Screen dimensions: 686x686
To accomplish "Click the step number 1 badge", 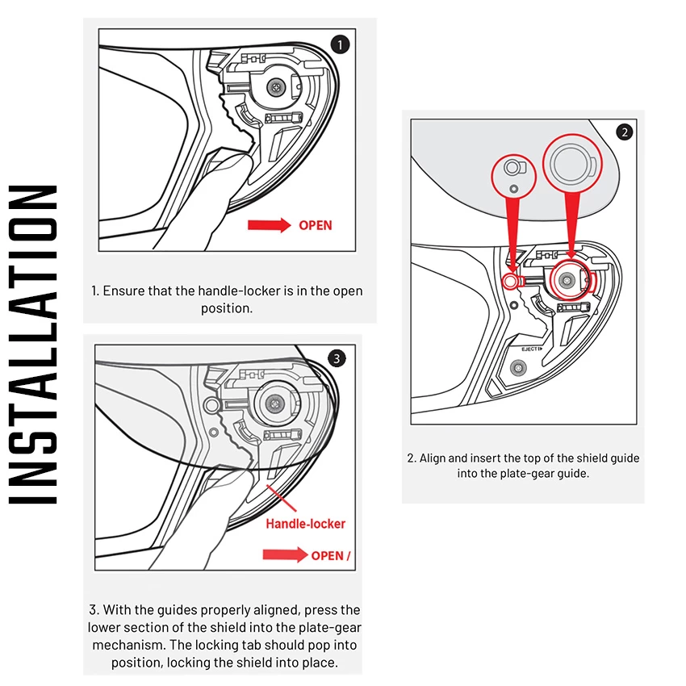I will [x=341, y=44].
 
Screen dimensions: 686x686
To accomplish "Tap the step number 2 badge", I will [x=624, y=132].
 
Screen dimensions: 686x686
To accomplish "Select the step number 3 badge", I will [x=337, y=358].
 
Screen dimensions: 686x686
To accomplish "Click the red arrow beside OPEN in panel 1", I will [x=269, y=225].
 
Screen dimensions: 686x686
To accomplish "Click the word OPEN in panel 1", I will [x=315, y=225].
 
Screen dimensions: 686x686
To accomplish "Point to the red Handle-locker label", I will [x=305, y=524].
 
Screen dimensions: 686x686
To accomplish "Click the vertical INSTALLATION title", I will [x=34, y=345].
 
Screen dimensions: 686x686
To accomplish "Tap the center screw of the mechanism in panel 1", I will [x=278, y=85].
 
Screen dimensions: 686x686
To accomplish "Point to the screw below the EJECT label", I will [x=518, y=367].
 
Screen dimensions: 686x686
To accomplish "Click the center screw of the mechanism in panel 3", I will [x=276, y=404].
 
